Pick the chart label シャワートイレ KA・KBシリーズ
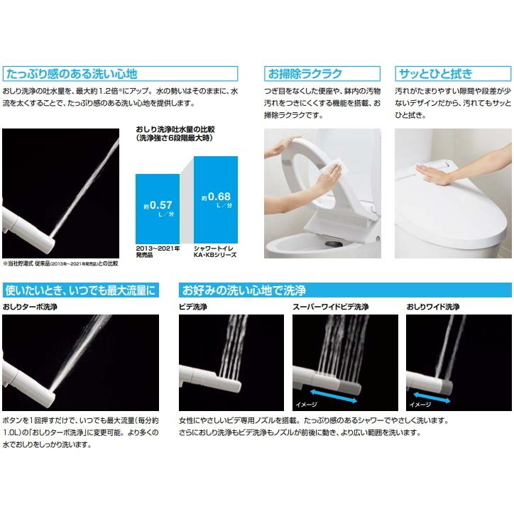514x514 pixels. (x=216, y=250)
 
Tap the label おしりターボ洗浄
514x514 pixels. (x=31, y=306)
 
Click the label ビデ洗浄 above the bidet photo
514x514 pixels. (x=194, y=306)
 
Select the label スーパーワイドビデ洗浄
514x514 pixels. (x=331, y=306)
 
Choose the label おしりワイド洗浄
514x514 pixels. (x=433, y=306)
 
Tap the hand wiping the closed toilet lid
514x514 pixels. (x=433, y=169)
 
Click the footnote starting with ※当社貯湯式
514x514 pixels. (x=60, y=263)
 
